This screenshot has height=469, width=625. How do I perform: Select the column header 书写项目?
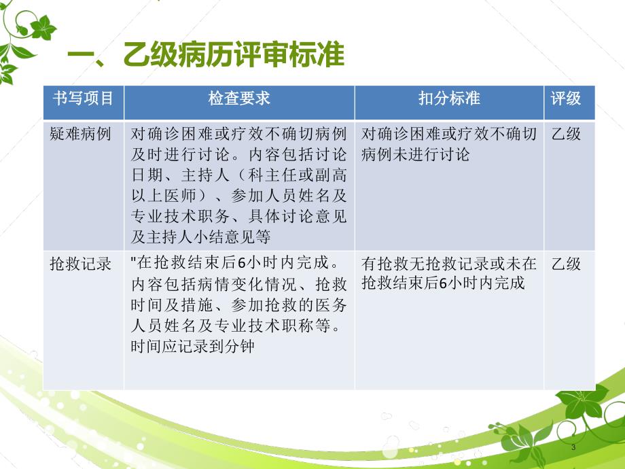[x=84, y=98]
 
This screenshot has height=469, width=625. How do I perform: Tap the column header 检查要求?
[x=239, y=98]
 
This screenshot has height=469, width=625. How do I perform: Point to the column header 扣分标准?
[x=449, y=98]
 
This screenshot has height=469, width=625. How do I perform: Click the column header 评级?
[x=566, y=98]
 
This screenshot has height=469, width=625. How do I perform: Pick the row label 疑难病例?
[x=80, y=134]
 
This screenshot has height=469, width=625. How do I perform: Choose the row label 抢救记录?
[x=80, y=264]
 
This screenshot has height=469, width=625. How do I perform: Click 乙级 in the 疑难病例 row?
[x=566, y=134]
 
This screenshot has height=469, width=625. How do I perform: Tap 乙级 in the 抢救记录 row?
[x=566, y=264]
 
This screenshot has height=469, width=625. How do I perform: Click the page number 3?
[x=573, y=447]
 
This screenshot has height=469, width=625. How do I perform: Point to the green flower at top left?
[x=43, y=28]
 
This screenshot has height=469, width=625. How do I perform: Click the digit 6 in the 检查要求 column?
[x=242, y=263]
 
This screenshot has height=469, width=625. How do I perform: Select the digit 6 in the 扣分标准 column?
[x=443, y=283]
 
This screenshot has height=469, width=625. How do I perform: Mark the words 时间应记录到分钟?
[x=192, y=346]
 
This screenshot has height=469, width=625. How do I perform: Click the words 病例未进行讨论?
[x=415, y=154]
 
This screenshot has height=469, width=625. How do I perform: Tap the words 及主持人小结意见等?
[x=200, y=237]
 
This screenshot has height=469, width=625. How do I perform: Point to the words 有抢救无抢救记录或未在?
[x=449, y=264]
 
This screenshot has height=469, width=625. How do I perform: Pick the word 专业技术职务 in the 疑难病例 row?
[x=180, y=216]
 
